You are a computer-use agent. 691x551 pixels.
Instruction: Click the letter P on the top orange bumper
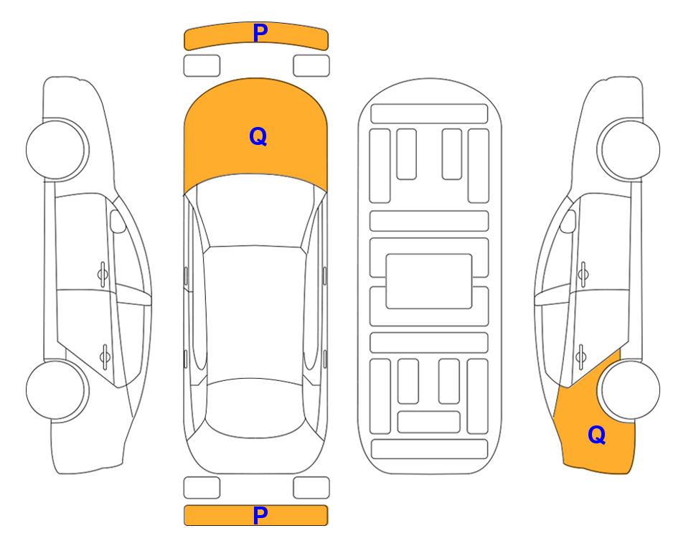(x=260, y=33)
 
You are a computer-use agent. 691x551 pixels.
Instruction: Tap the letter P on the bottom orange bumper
(x=260, y=515)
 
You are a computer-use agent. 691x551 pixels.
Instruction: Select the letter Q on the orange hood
(x=258, y=136)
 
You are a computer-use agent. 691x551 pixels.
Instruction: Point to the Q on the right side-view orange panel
(x=597, y=435)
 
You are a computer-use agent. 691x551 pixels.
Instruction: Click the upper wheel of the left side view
(x=57, y=150)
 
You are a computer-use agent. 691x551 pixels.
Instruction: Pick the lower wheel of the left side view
(x=57, y=390)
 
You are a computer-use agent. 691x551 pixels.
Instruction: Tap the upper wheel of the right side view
(x=629, y=150)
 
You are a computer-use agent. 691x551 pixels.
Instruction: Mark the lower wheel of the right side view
(x=629, y=390)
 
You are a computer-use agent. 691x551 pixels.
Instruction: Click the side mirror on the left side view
(x=117, y=221)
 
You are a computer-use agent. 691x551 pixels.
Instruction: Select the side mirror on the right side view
(x=568, y=221)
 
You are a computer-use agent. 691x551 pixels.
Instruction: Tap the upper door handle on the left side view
(x=103, y=275)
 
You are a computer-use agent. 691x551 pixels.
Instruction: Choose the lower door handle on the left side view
(x=105, y=356)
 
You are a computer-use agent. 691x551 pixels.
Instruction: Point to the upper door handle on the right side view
(x=583, y=275)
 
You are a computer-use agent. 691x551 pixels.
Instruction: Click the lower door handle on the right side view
(x=581, y=356)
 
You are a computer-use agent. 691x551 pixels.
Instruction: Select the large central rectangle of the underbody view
(x=429, y=281)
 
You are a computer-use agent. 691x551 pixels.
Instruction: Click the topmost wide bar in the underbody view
(x=429, y=114)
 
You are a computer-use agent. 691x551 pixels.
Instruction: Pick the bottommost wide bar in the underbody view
(x=429, y=449)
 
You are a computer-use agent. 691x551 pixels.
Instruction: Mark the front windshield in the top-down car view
(x=255, y=211)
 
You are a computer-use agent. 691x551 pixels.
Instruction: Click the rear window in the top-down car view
(x=255, y=408)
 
